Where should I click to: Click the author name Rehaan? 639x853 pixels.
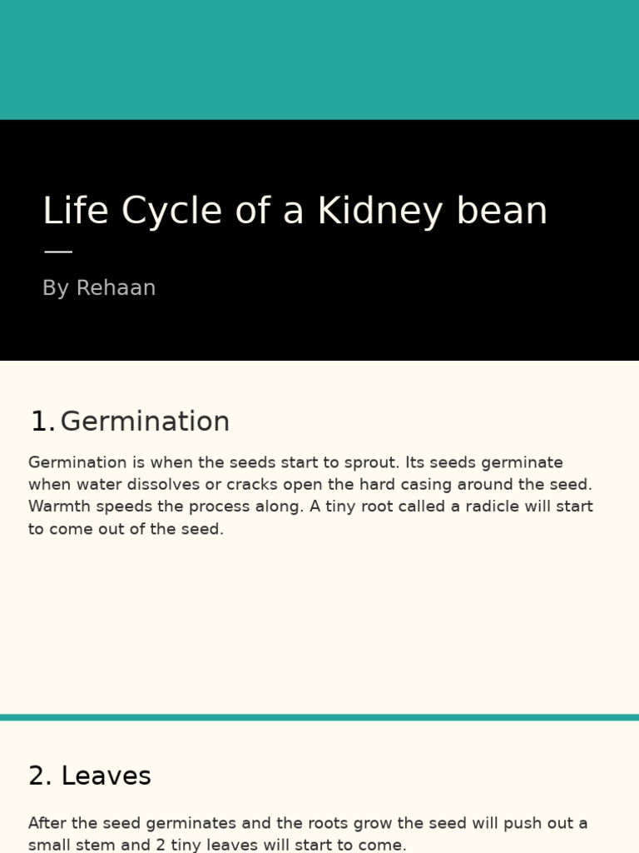tap(116, 288)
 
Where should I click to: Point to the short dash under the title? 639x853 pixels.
tap(57, 252)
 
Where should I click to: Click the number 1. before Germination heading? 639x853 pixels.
tap(42, 422)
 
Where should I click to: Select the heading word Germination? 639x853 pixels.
tap(145, 422)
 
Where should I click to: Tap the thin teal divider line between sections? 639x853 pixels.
tap(319, 717)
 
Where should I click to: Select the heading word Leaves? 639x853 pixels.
tap(106, 776)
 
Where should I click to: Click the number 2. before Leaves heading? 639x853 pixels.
tap(40, 776)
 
